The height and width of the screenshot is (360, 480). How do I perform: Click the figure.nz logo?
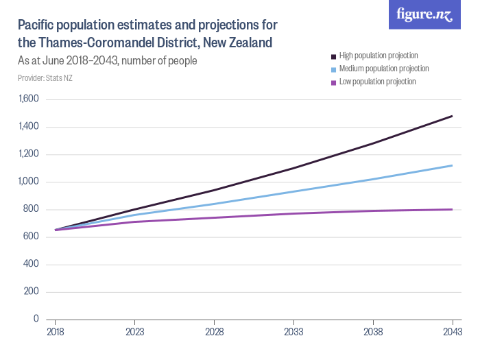(424, 15)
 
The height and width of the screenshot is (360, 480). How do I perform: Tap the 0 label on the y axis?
(36, 319)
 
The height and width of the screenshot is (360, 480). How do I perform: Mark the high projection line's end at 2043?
(452, 116)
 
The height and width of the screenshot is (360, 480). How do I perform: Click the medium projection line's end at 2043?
(452, 165)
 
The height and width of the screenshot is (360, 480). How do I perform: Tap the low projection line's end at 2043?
(452, 209)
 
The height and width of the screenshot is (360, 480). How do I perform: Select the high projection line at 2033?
(293, 168)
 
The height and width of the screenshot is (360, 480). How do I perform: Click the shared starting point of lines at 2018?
(56, 230)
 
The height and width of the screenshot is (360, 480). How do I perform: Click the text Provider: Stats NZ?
(45, 78)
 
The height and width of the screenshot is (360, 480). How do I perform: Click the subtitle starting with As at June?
(108, 60)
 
